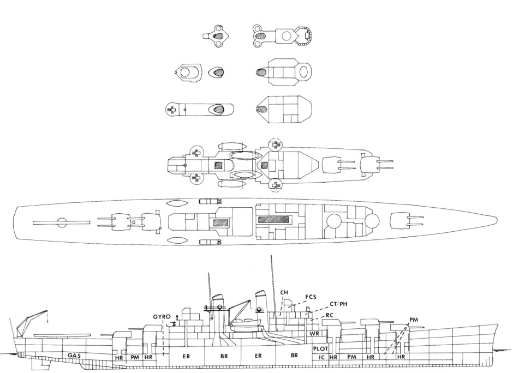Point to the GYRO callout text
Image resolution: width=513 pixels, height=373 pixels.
[x=162, y=317]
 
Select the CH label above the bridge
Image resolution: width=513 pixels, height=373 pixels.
[x=284, y=292]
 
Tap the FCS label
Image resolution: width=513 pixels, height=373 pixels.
[x=311, y=297]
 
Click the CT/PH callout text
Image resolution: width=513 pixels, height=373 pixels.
[x=338, y=304]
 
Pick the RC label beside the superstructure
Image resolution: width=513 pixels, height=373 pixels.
[x=330, y=316]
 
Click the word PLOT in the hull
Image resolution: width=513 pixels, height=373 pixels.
[x=320, y=349]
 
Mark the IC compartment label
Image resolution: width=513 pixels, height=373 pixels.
[x=321, y=357]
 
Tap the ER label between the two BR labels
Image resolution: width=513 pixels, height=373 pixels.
[x=258, y=356]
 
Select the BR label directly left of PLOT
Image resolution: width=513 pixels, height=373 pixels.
[x=294, y=356]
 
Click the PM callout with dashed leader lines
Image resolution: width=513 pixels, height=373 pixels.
[x=414, y=320]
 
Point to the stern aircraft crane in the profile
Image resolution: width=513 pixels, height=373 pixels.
[x=31, y=323]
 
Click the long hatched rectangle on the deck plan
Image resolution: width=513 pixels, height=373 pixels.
[x=273, y=219]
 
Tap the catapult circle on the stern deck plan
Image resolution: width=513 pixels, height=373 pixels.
[x=61, y=222]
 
